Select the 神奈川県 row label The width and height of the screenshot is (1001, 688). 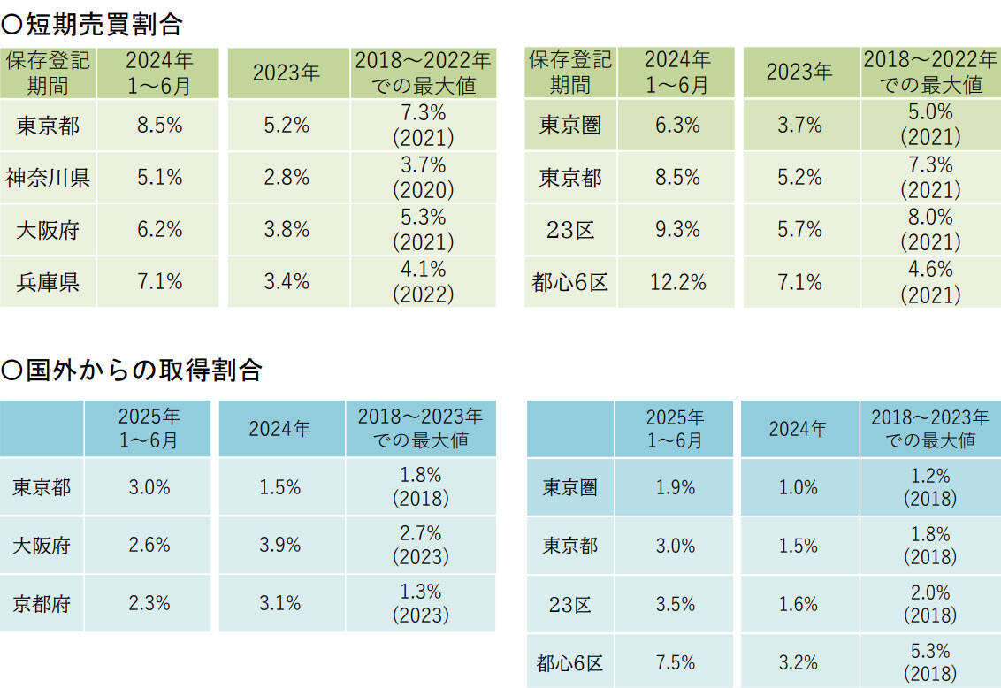[48, 178]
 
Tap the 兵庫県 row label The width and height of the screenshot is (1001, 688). [48, 282]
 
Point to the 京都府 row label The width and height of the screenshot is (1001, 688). [42, 603]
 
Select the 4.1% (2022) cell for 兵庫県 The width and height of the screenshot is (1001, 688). [423, 282]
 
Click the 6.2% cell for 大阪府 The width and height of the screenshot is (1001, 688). [159, 230]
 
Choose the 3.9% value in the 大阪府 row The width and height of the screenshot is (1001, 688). [280, 545]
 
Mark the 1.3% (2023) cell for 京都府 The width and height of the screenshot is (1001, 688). [420, 603]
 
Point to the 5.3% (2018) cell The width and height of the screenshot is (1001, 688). [929, 662]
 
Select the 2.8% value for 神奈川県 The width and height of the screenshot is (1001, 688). [287, 178]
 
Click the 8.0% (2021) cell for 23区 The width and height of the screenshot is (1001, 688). [929, 230]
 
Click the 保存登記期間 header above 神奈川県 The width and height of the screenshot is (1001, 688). [48, 73]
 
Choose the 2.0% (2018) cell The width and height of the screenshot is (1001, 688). [929, 605]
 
